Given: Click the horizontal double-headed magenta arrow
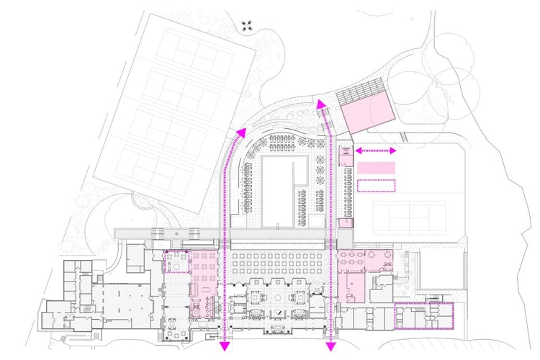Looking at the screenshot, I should tap(375, 150).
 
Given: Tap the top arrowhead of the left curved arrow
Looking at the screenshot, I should tap(240, 131).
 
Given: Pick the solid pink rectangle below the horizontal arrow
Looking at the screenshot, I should tap(376, 167).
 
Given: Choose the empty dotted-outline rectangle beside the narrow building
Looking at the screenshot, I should tap(376, 185).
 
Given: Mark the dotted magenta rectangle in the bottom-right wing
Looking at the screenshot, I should tap(424, 315).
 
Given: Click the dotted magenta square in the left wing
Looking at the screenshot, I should tap(176, 261).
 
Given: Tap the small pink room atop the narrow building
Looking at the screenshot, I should tap(344, 151).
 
